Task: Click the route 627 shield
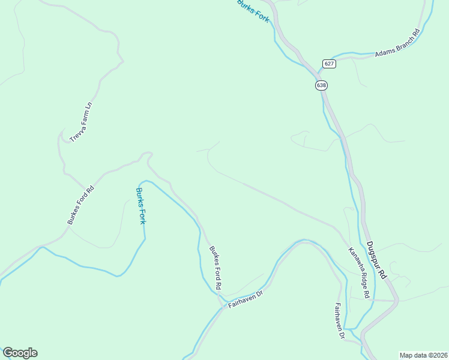(x=328, y=64)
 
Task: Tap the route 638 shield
(x=321, y=85)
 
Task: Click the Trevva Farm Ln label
(x=81, y=122)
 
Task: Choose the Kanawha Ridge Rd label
(x=360, y=274)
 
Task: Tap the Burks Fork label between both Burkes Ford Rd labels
(x=140, y=206)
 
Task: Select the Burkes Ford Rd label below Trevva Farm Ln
(x=81, y=205)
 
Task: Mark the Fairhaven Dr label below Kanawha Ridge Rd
(x=339, y=322)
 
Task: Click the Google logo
(x=20, y=353)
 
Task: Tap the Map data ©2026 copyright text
(x=423, y=355)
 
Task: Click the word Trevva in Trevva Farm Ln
(x=74, y=134)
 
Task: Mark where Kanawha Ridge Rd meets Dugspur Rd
(x=395, y=299)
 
